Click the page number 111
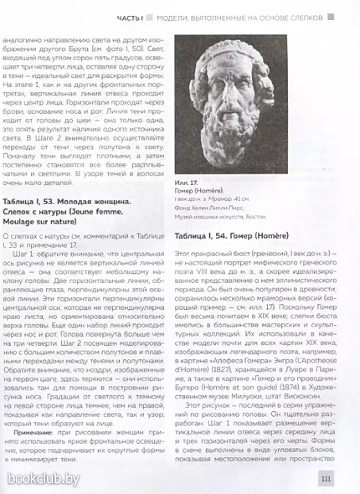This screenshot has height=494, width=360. pos(326,479)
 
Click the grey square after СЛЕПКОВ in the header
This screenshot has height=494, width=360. pos(331,17)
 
